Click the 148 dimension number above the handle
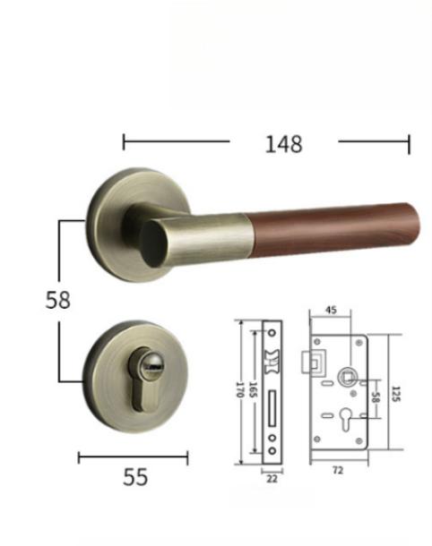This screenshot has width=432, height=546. tap(283, 142)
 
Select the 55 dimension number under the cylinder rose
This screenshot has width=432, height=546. tap(134, 477)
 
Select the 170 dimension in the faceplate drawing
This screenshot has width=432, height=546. tap(240, 390)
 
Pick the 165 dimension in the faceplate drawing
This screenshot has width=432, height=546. tap(255, 390)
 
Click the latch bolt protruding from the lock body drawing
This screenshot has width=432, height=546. tap(316, 363)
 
